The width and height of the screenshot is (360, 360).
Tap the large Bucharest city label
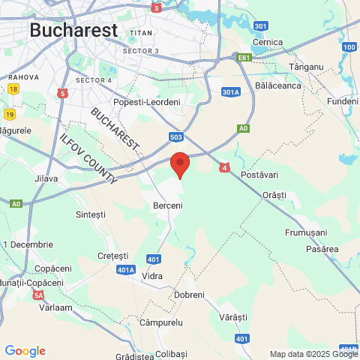pos(74,31)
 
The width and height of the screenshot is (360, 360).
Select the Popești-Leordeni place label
pos(146,102)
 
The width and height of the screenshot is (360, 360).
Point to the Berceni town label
pos(168,204)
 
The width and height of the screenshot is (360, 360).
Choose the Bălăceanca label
pos(277,86)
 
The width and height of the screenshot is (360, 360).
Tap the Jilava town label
pos(46,178)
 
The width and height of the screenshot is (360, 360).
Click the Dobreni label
pos(189,295)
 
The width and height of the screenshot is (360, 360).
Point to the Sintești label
pos(91,214)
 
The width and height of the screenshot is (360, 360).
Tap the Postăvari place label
pos(259,175)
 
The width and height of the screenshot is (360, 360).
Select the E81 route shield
pos(244,57)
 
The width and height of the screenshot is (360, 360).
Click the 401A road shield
pos(126,269)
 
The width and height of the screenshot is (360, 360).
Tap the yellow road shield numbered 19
pos(9,114)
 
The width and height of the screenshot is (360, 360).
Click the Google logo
pos(25,351)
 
